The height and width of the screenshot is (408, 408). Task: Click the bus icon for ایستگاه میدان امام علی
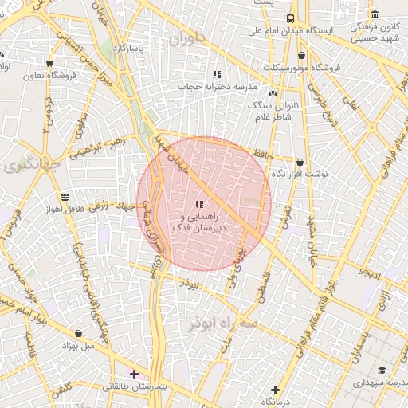[291, 18]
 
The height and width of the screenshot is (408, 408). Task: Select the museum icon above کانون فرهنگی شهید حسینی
[375, 15]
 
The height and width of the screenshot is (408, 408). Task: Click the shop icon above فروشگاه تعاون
[49, 63]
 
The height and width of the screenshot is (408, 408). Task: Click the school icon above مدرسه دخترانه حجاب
[217, 73]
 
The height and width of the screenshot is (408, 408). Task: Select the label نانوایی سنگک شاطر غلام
[271, 112]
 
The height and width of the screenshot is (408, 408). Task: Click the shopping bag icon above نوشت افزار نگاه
[300, 162]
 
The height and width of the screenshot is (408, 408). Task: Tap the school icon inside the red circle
[198, 205]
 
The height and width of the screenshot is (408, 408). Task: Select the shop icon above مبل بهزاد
[78, 334]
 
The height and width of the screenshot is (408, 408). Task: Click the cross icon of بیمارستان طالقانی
[134, 373]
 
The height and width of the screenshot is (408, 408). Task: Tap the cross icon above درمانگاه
[275, 390]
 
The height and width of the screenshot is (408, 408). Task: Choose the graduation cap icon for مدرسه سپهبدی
[382, 371]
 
